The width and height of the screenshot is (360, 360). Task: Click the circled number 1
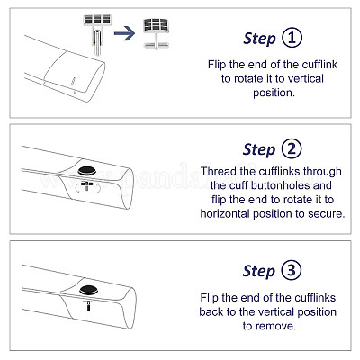click(x=292, y=38)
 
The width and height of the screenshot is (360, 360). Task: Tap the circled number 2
click(x=292, y=148)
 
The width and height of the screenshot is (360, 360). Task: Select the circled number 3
click(x=292, y=270)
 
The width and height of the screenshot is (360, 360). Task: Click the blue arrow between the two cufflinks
click(x=124, y=33)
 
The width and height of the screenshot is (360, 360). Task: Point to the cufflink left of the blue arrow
click(x=97, y=33)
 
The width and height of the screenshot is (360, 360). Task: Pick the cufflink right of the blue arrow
click(x=156, y=33)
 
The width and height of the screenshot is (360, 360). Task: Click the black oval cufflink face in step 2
click(x=86, y=171)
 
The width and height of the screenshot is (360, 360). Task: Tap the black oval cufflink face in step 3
click(x=88, y=290)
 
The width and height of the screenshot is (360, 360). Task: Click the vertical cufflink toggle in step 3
click(x=88, y=305)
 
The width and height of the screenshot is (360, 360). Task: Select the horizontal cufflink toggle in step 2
click(x=86, y=184)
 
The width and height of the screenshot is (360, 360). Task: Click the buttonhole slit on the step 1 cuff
click(x=73, y=82)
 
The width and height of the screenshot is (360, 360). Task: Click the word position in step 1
click(x=274, y=93)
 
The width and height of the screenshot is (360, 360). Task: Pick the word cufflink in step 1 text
click(x=319, y=65)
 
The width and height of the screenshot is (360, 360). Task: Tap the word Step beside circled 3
click(x=259, y=271)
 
